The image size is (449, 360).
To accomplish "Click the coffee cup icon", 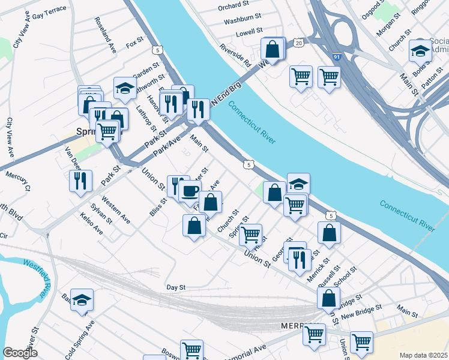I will pos(190,191).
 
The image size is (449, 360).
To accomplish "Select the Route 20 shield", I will pos(298,43).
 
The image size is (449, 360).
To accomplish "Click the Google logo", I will pos(20,353).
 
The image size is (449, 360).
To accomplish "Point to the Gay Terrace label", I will pos(49,13).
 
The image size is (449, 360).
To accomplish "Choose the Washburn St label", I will pos(242,20).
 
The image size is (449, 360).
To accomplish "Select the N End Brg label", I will pos(226,94).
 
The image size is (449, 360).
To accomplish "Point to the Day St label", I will pos(176,287).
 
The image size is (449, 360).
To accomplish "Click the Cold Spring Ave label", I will pos(80,335).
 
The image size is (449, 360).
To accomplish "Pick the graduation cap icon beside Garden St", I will pos(125,88).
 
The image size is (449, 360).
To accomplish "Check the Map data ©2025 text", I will pos(423,355).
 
